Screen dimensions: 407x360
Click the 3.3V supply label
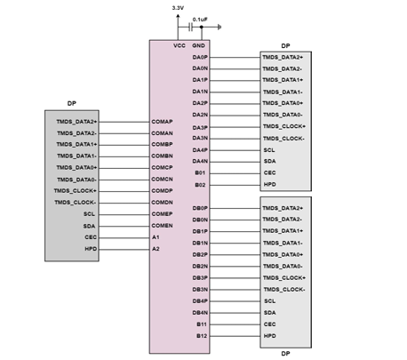(x=178, y=8)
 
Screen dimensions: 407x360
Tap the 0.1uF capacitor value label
(x=200, y=20)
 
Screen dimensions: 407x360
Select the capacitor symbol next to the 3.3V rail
(x=190, y=28)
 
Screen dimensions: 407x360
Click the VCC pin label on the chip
(x=180, y=45)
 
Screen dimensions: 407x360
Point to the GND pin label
(x=198, y=45)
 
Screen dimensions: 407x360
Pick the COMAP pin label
(x=162, y=122)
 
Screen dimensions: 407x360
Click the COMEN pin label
(x=162, y=226)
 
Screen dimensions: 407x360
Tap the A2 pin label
(x=156, y=249)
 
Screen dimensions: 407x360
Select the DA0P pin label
(x=200, y=57)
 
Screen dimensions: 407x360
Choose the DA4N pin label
(x=200, y=161)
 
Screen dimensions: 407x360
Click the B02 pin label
(x=200, y=185)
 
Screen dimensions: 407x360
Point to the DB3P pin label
(x=200, y=278)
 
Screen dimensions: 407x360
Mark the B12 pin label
(x=202, y=336)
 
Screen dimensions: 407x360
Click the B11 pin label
(x=202, y=324)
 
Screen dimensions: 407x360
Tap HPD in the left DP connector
(x=91, y=249)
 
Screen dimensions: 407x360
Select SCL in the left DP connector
(x=89, y=214)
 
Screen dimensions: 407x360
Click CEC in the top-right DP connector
(x=269, y=172)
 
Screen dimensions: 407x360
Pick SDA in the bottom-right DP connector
(x=269, y=313)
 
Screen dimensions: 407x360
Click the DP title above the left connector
(x=72, y=103)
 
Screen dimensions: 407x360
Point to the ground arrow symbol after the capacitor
(x=219, y=28)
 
